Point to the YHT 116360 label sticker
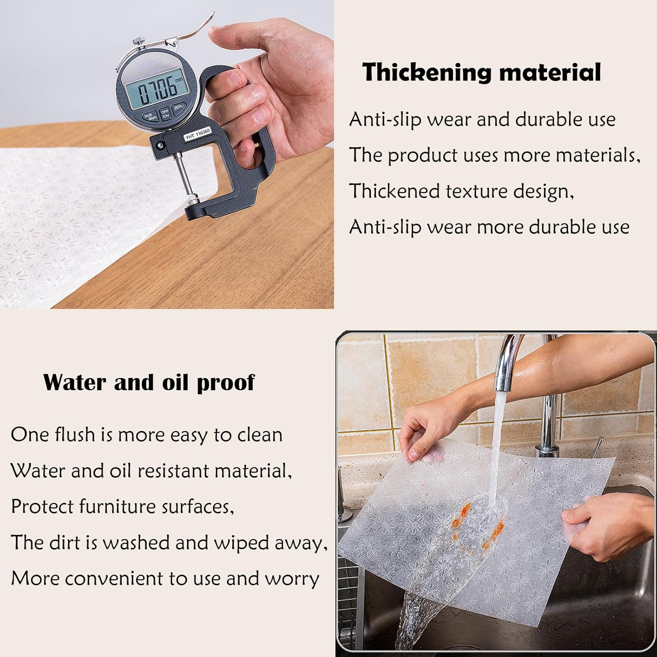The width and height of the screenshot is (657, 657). pos(198,134)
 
